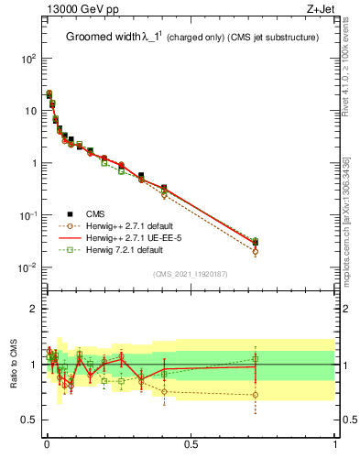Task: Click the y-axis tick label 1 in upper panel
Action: point(32,164)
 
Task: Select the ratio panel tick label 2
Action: point(33,309)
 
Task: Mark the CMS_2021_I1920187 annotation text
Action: point(190,274)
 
